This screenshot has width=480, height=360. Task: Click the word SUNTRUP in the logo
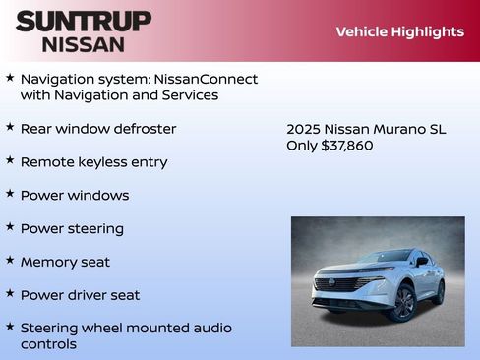point(84,21)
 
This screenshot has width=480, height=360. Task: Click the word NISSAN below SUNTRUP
point(84,44)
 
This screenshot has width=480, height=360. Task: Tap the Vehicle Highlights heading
point(399,31)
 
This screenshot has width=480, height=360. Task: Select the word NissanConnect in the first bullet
point(211,79)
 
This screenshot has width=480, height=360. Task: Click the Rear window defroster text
point(98,129)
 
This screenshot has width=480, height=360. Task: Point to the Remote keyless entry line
point(93,162)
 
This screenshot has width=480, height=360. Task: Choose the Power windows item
point(75,196)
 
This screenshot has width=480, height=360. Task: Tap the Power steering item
point(72,229)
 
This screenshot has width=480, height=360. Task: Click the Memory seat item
point(65,263)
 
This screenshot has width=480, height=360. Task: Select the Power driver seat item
point(80,295)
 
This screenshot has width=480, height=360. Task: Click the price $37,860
point(347,146)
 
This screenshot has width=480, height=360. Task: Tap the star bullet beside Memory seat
point(10,261)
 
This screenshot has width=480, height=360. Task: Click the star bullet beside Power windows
point(10,194)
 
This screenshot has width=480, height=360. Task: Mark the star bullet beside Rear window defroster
point(10,127)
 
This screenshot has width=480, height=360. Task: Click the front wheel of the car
point(401,303)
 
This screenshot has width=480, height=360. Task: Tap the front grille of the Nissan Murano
point(336,285)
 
